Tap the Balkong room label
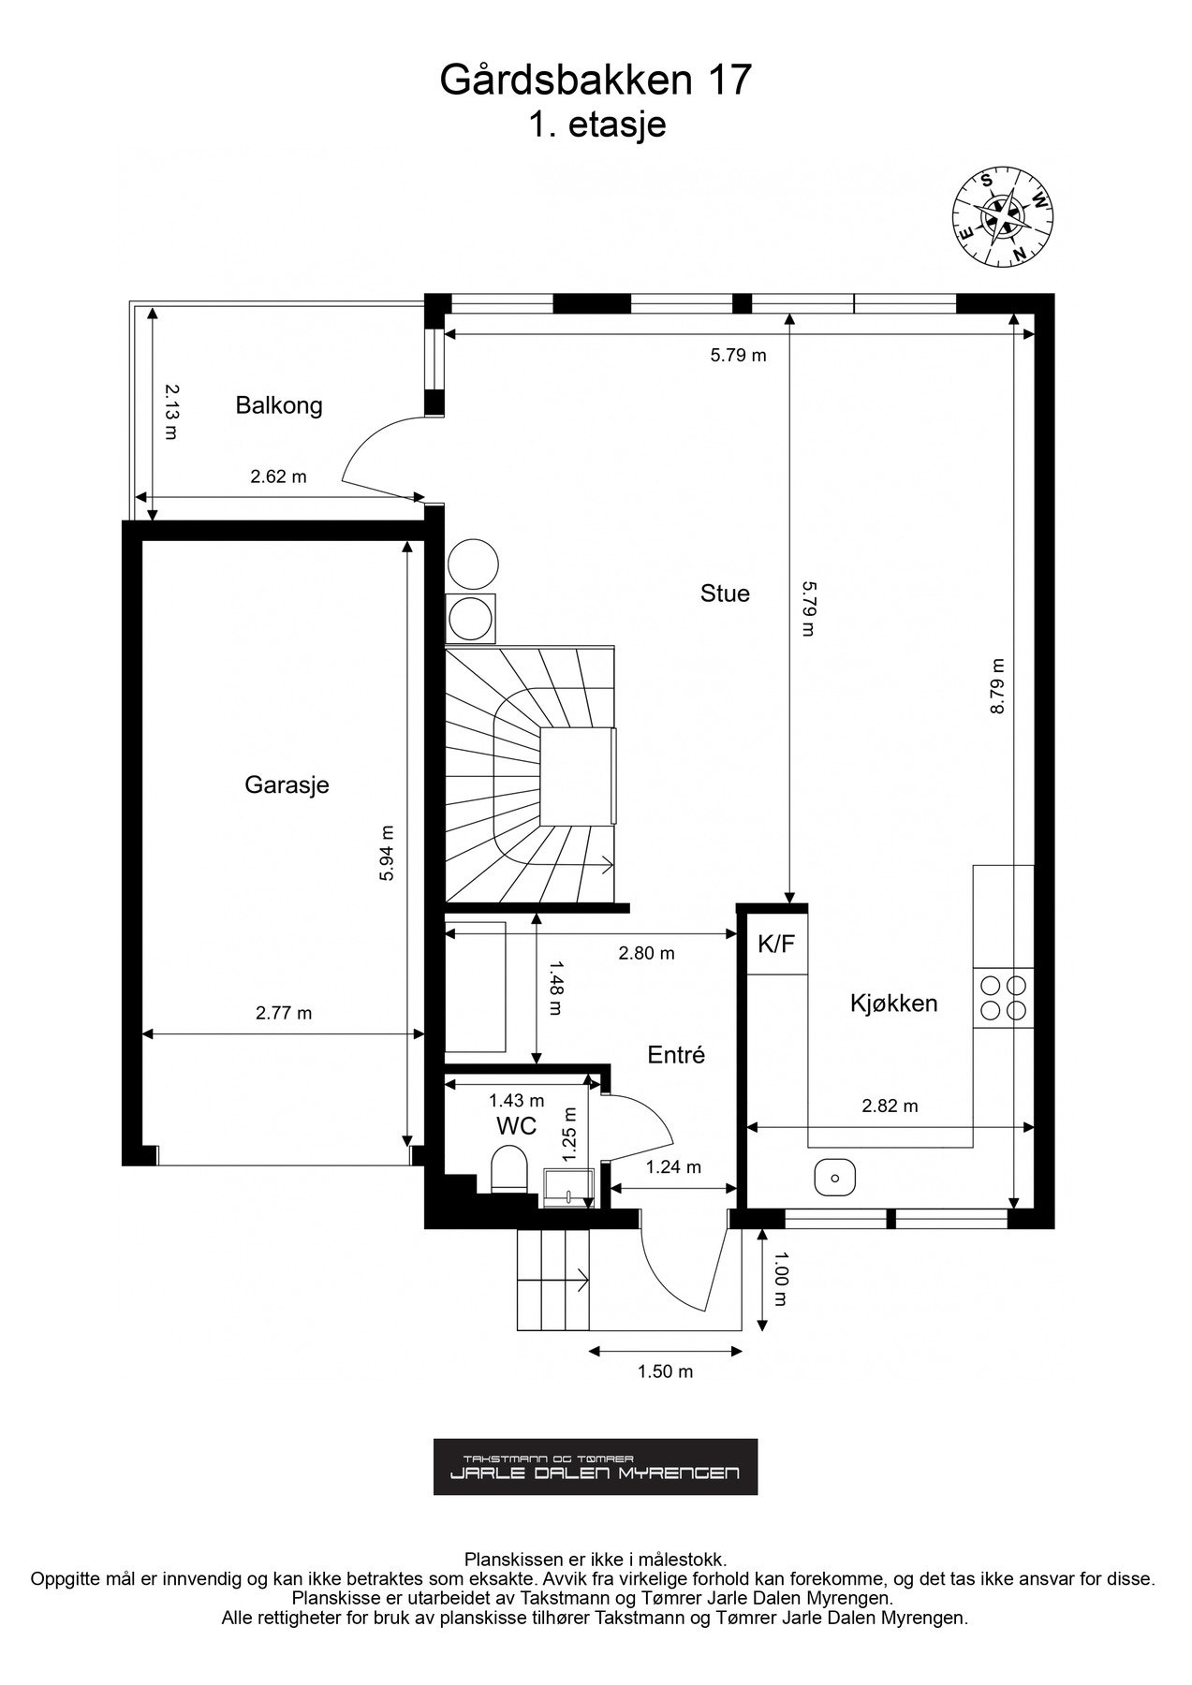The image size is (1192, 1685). (279, 405)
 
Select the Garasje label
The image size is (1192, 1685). (287, 784)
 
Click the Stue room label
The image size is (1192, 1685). (725, 593)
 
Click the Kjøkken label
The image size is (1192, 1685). (893, 1004)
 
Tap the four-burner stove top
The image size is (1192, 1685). (1003, 998)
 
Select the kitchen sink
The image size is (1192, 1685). (835, 1177)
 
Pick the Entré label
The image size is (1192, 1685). (676, 1055)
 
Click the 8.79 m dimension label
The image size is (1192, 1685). (998, 686)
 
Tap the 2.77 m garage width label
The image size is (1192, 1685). (284, 1013)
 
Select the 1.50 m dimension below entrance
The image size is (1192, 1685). (665, 1372)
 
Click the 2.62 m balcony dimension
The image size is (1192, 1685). (278, 476)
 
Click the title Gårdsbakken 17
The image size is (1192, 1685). (596, 81)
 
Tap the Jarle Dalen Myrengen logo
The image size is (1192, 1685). (596, 1467)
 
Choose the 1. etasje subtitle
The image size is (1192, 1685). (596, 125)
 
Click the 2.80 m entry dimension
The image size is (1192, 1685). (646, 954)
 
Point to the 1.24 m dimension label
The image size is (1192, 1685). (673, 1167)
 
